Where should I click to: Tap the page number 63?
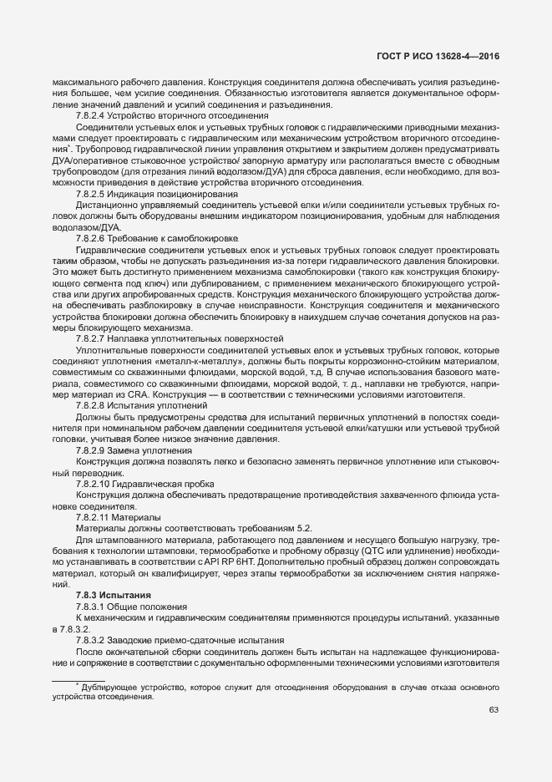pyautogui.click(x=494, y=710)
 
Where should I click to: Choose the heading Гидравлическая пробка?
pyautogui.click(x=174, y=484)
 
